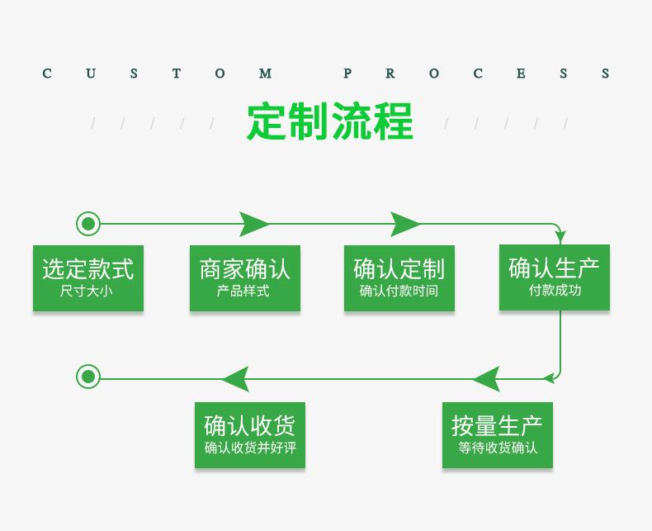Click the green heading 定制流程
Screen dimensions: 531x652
[329, 122]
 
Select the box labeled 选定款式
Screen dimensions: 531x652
[88, 277]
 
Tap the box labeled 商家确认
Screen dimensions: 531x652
[244, 277]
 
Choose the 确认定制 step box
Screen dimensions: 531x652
[399, 277]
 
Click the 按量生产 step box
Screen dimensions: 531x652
[497, 434]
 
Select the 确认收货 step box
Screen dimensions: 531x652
[249, 434]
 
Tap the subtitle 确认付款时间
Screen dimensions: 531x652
[399, 291]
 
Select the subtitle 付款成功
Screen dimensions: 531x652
[555, 290]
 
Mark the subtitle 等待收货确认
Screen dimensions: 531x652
[498, 448]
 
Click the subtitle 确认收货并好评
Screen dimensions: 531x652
[249, 448]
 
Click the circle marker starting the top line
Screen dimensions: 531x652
[88, 224]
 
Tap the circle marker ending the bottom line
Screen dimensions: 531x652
[88, 377]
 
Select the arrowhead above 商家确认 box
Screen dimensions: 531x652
[254, 224]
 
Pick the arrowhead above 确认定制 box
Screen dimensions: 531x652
[405, 224]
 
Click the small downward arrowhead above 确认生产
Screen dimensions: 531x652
[560, 238]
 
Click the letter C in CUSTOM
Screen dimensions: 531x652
[47, 73]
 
